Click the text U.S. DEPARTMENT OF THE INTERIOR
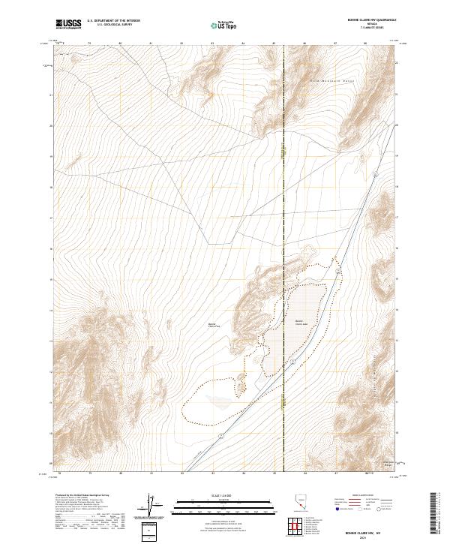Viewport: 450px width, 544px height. (x=113, y=22)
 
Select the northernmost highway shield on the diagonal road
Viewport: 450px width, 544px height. (x=372, y=174)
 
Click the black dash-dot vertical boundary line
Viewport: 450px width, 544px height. (x=283, y=225)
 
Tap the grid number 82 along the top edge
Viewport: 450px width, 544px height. (x=182, y=44)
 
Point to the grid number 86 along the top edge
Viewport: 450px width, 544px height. (x=304, y=44)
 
